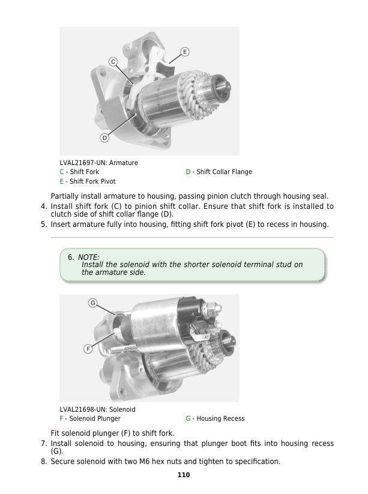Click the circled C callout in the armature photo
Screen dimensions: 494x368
[x=113, y=61]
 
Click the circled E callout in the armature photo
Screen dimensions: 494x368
[x=184, y=52]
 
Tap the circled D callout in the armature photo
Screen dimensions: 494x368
[x=104, y=137]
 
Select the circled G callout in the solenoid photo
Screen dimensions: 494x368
[x=93, y=303]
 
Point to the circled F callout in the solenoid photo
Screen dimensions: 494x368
[x=88, y=348]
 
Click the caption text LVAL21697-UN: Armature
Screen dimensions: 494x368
[x=98, y=163]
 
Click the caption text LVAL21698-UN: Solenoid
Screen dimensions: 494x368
[x=97, y=409]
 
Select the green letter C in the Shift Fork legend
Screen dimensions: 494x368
[x=62, y=172]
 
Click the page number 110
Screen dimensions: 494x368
[x=184, y=475]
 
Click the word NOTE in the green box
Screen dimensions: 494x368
[x=88, y=258]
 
